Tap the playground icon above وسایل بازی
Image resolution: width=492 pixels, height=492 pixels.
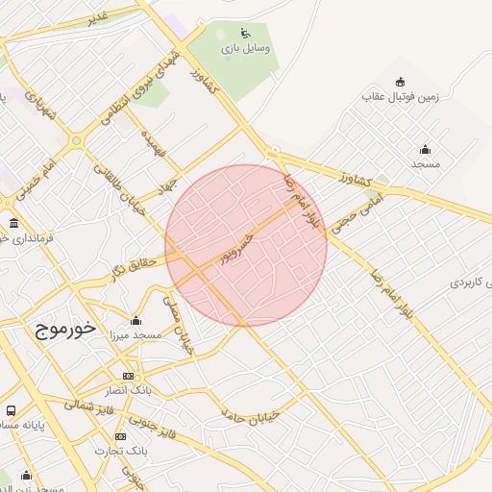click(245, 33)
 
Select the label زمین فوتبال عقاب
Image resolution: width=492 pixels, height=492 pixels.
click(401, 97)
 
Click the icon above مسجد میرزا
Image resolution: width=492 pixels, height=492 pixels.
click(135, 321)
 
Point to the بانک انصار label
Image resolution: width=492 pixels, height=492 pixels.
click(129, 392)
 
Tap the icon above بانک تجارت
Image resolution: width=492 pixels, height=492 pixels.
click(120, 436)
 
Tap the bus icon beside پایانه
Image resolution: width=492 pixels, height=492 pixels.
click(11, 410)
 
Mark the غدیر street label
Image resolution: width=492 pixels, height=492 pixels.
click(98, 18)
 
